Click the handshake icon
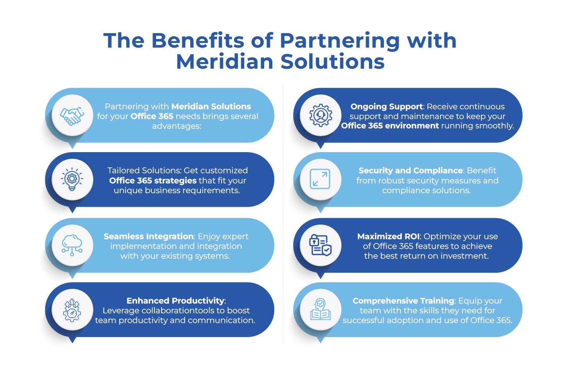[x=72, y=115]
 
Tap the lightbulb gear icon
[x=72, y=179]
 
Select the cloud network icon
[x=72, y=245]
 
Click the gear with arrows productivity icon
[x=72, y=310]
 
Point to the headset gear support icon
[x=320, y=115]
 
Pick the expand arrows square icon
[x=320, y=179]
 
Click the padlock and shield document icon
[x=320, y=245]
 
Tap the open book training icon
[x=320, y=310]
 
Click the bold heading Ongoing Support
[x=386, y=107]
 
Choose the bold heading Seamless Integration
[x=148, y=236]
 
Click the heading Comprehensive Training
[x=403, y=301]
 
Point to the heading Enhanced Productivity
[x=176, y=301]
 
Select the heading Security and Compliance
[x=410, y=170]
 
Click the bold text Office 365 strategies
[x=153, y=181]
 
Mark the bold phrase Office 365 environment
[x=390, y=126]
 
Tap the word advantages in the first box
[x=176, y=126]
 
